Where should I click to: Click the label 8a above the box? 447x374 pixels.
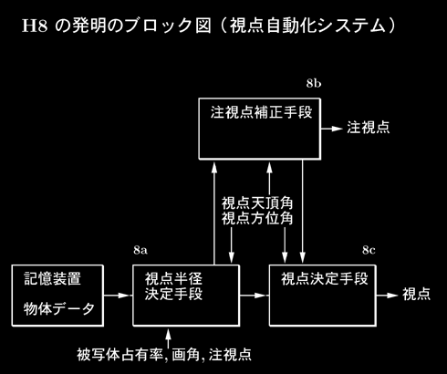tap(140, 250)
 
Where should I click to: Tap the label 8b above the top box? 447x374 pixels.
tap(314, 83)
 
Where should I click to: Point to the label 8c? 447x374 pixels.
tap(369, 250)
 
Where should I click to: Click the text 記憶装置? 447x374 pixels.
tap(52, 278)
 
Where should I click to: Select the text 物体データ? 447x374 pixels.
tap(59, 309)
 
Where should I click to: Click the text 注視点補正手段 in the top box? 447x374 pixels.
tap(261, 112)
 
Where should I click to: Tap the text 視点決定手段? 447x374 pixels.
tap(324, 279)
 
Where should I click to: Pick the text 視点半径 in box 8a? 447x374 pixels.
tap(173, 278)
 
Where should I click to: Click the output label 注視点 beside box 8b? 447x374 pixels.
tap(369, 127)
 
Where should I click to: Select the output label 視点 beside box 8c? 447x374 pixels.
tap(417, 294)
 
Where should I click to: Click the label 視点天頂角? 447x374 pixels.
tap(257, 203)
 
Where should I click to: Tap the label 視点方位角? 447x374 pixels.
tap(257, 218)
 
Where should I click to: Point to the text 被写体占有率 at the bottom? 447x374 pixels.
tap(120, 354)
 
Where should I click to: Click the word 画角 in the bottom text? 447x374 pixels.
tap(186, 354)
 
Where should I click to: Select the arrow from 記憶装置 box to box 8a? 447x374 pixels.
tap(117, 296)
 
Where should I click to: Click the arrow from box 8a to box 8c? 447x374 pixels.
tap(253, 296)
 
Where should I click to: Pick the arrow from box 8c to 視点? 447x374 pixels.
tap(387, 296)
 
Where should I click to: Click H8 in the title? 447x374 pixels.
tap(35, 26)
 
